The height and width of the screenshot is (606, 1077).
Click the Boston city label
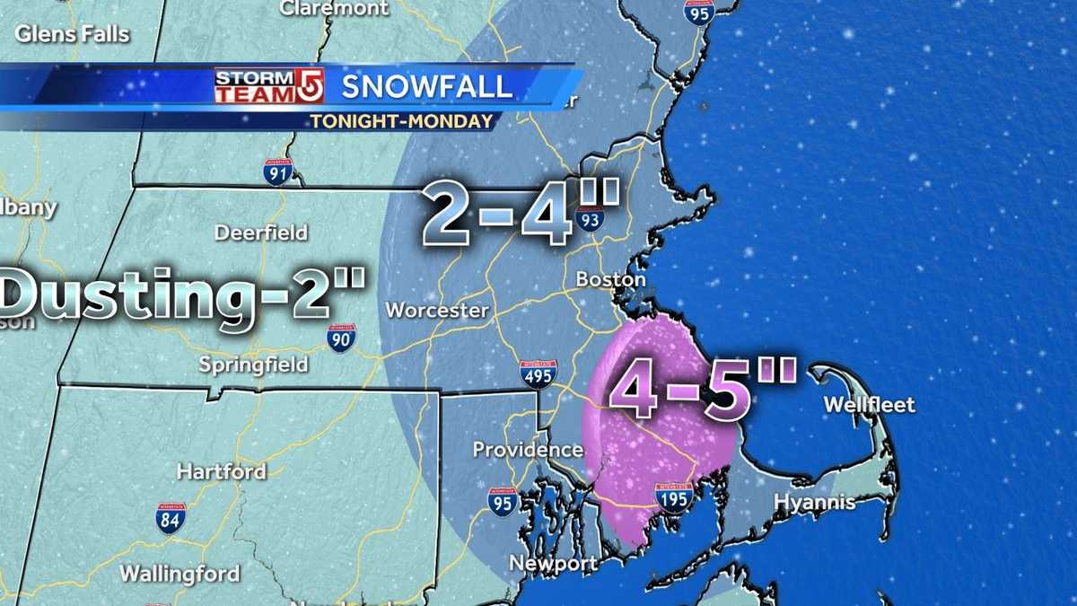click(610, 280)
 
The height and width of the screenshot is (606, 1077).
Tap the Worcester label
click(437, 311)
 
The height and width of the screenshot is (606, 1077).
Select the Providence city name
click(528, 449)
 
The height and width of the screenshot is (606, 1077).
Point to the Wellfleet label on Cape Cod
click(869, 405)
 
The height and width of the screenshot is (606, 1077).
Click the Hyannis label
click(814, 503)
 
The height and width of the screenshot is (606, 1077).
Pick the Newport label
click(553, 564)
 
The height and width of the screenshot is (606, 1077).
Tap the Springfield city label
click(254, 364)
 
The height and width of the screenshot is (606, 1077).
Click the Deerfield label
click(260, 233)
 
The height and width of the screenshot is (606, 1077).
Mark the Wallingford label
click(179, 573)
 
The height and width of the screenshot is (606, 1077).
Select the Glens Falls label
click(73, 35)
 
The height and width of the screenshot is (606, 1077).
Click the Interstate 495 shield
click(538, 373)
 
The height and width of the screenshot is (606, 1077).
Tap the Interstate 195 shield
click(671, 496)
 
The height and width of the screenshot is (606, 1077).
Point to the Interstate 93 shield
click(590, 215)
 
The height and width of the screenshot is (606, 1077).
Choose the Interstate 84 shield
click(171, 518)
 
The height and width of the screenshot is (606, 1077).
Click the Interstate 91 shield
click(277, 171)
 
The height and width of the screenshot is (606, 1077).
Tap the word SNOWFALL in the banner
click(427, 87)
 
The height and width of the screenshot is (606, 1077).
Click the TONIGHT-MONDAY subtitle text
click(401, 121)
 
